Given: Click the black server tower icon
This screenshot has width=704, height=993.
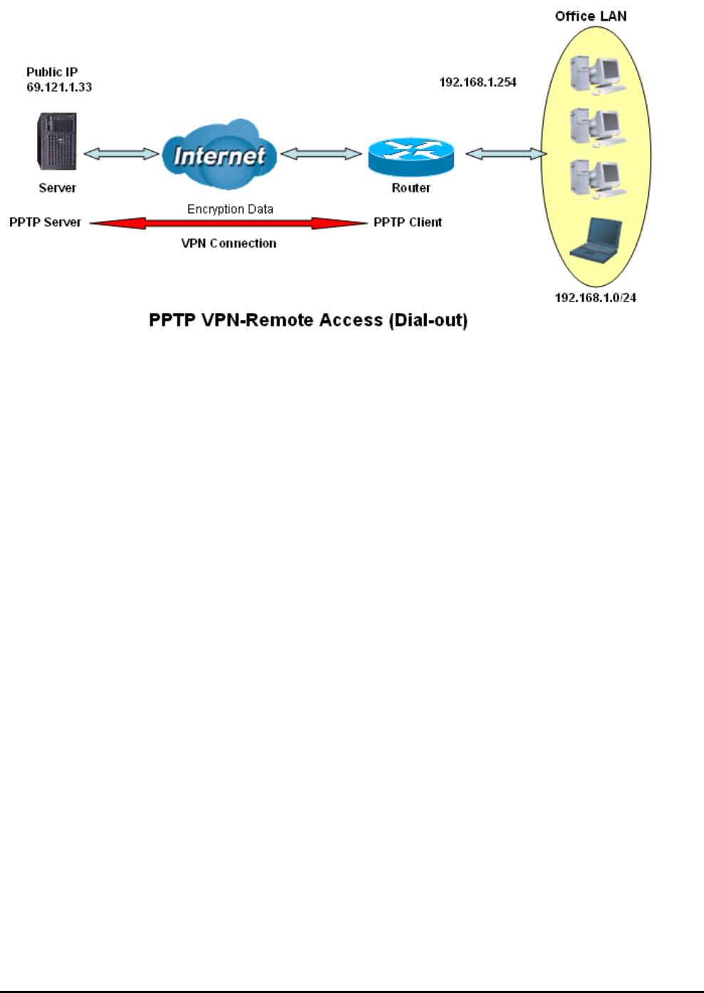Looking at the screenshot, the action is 57,141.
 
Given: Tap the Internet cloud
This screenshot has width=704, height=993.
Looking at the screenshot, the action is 219,155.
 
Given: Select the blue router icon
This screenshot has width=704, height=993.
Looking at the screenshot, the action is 410,157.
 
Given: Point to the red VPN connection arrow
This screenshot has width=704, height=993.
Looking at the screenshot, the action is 229,223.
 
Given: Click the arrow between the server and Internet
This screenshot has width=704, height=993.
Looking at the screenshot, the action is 121,153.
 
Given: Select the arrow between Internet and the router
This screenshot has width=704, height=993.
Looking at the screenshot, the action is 321,153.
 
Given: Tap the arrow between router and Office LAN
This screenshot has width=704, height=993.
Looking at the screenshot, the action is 505,153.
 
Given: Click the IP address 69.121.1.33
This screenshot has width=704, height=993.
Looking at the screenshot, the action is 59,87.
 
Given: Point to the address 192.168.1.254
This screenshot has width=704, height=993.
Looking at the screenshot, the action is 477,82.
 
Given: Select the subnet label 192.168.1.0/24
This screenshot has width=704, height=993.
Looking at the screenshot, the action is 595,297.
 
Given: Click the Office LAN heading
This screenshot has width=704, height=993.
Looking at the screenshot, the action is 591,16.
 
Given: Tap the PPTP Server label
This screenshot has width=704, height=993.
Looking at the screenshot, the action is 45,222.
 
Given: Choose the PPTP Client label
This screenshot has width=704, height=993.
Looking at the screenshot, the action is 408,222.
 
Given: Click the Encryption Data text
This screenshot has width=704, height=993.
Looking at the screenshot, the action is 230,209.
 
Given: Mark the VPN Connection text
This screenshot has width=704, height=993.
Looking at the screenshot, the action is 229,243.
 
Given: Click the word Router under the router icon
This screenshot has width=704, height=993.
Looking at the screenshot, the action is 410,187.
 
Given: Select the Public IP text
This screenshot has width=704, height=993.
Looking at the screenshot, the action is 52,72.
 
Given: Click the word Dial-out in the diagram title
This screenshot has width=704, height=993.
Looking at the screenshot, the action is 428,320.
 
